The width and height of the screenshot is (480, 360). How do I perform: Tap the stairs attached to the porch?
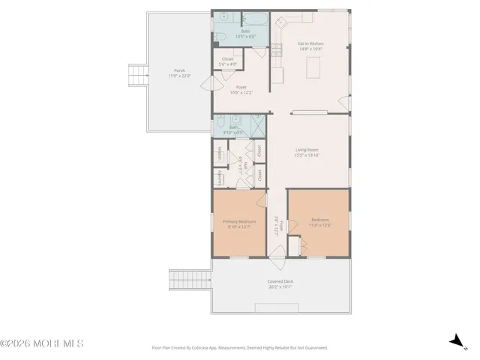[136, 76]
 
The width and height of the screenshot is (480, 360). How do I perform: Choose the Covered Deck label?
[280, 282]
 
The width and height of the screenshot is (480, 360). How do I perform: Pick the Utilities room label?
[219, 154]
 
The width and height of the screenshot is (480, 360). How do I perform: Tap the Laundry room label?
[219, 178]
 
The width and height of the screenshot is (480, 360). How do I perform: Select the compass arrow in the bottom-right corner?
[455, 341]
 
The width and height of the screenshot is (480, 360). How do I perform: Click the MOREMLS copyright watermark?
[42, 344]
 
